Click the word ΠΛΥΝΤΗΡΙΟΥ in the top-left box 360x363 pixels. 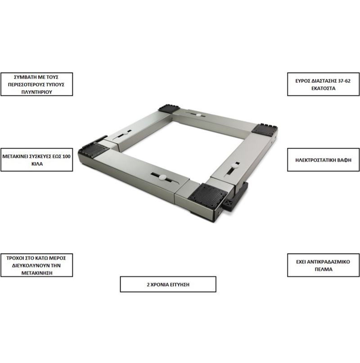36,92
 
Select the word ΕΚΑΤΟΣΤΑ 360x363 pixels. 323,88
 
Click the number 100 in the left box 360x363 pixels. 66,156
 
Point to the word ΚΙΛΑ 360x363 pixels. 37,164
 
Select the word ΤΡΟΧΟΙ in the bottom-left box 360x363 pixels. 14,258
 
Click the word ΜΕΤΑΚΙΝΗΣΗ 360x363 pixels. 37,273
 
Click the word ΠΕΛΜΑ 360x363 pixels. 323,269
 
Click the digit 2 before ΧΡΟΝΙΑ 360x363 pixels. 148,285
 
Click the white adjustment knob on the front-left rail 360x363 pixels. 162,177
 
